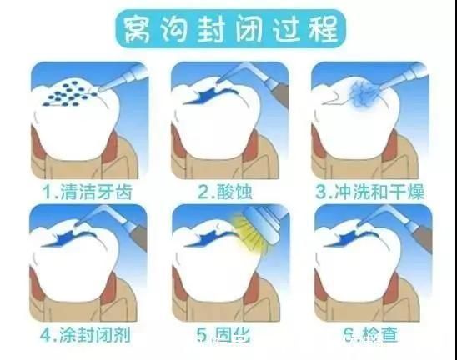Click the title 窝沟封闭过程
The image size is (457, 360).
228,31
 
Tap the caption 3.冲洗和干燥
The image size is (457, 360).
369,192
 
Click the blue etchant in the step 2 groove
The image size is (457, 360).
203,98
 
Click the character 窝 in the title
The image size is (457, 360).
136,31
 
